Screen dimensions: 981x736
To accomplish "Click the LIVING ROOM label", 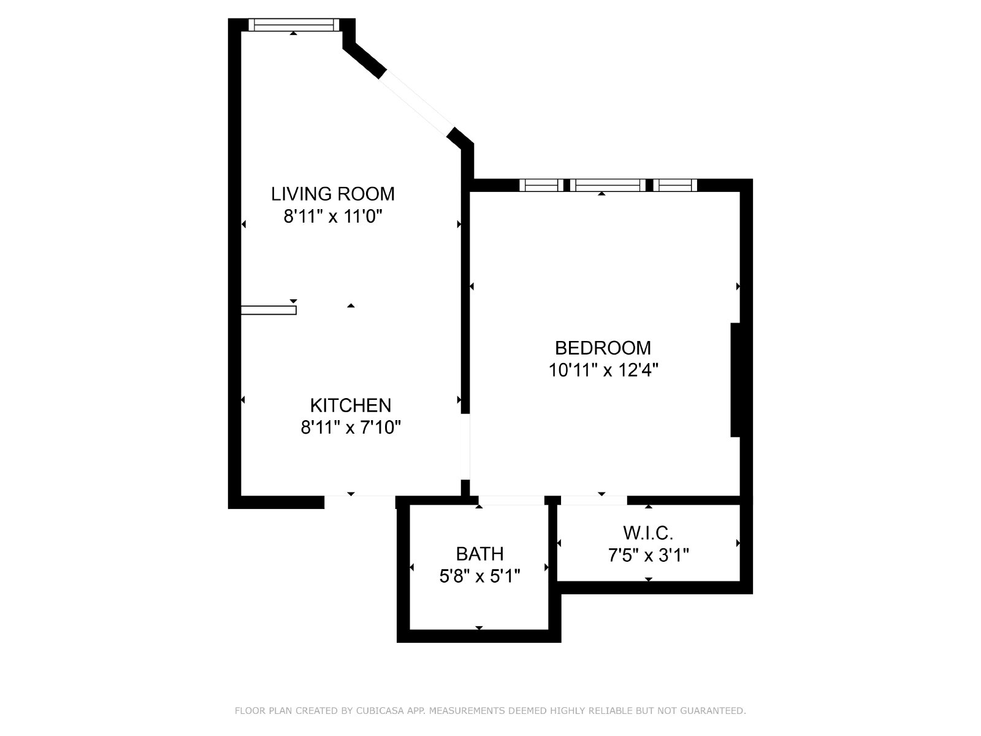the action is pos(333,194).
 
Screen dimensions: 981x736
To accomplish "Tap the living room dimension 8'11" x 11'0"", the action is pos(333,217).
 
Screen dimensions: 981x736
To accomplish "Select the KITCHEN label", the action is pos(350,405).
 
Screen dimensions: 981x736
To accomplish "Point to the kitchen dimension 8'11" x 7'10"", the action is pos(350,427).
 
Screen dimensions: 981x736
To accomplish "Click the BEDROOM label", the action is pos(603,348).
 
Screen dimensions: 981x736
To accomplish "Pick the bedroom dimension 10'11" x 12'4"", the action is pos(603,370).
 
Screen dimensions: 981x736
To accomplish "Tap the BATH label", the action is pos(479,554).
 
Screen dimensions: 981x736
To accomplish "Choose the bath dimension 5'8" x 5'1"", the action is pos(479,577).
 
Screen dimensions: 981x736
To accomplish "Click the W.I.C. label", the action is pos(648,533).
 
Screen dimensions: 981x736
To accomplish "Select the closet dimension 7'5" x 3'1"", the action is pos(648,556).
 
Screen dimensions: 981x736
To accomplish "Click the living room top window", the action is pos(294,25).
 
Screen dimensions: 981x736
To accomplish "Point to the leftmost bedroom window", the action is pos(541,185).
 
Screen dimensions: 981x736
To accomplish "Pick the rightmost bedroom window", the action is pos(675,185).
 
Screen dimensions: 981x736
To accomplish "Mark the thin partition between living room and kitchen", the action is pos(269,310).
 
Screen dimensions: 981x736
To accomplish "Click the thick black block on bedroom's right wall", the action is pos(735,380).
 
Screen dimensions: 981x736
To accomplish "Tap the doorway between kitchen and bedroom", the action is pos(465,447).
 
